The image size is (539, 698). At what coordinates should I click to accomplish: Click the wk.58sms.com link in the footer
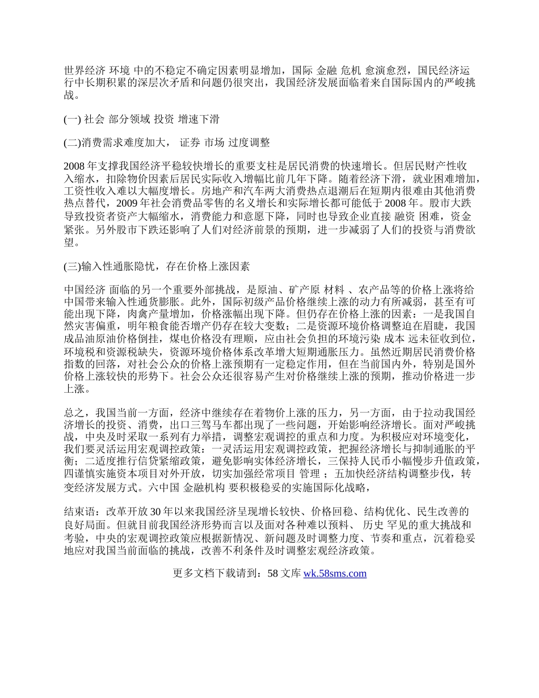coord(335,573)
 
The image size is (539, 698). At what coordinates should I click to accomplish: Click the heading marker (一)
coord(72,119)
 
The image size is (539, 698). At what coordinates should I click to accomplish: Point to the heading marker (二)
coord(72,142)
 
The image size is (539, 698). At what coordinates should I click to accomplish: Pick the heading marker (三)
coord(72,265)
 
